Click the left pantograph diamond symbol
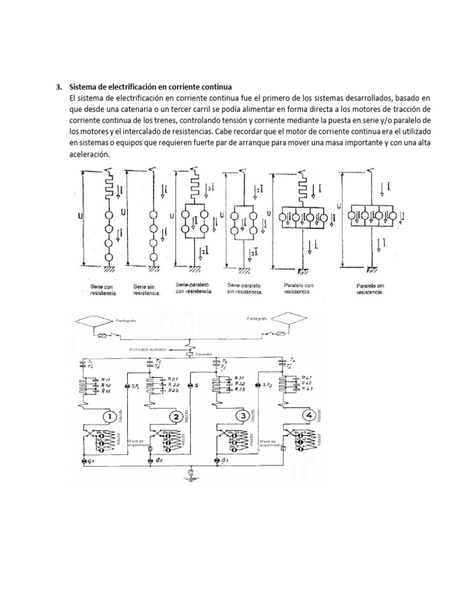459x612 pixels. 97,322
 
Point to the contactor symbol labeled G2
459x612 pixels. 150,462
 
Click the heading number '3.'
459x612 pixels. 59,87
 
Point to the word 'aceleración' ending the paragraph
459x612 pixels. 89,154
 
